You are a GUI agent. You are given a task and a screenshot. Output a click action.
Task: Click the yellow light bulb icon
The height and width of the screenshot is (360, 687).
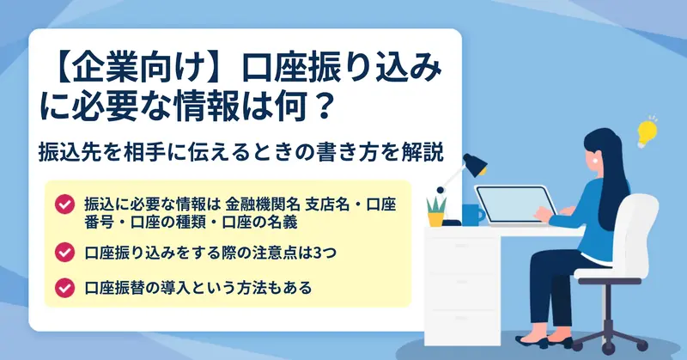tap(647, 133)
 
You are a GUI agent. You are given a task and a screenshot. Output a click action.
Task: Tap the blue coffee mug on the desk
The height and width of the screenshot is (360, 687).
tap(473, 215)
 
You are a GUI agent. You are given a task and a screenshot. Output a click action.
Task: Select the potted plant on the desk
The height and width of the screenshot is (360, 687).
tap(436, 212)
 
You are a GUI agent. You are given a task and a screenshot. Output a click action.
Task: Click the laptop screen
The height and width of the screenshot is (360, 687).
tap(515, 205)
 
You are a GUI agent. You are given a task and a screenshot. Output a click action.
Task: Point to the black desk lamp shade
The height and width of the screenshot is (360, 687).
tap(475, 164)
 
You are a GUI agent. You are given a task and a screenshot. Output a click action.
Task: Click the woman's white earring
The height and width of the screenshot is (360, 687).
tap(595, 160)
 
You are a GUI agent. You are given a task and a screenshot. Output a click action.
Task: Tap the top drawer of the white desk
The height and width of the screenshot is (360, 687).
tap(462, 246)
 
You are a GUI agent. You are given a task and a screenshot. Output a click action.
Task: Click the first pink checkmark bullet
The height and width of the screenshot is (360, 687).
tap(65, 204)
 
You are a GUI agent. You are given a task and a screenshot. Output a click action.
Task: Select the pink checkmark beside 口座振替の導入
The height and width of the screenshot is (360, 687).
tap(65, 288)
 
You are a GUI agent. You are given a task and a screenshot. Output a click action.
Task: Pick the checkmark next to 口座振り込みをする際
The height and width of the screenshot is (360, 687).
tap(65, 252)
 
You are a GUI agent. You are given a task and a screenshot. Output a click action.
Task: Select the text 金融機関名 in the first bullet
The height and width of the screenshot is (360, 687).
tap(263, 204)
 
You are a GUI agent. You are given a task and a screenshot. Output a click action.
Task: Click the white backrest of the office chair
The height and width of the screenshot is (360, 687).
tap(640, 228)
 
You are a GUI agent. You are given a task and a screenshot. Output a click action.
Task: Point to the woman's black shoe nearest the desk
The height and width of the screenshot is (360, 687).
tap(531, 342)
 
